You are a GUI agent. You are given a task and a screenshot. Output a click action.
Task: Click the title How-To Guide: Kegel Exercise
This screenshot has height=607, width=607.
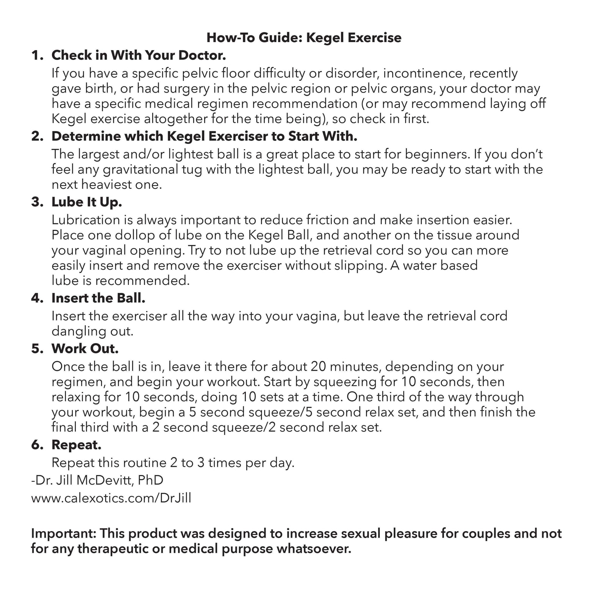point(304,38)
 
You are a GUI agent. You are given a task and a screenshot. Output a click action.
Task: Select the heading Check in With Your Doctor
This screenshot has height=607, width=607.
point(139,55)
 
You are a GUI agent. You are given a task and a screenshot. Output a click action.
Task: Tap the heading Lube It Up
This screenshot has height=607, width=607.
point(86,202)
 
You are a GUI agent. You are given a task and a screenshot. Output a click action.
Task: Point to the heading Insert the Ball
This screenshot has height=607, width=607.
point(98,298)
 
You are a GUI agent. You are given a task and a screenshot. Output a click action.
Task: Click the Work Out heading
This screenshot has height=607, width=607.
point(85,349)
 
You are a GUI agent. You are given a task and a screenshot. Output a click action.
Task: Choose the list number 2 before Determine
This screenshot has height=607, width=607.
point(37,137)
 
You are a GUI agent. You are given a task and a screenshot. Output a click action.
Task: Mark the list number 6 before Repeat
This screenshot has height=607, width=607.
point(37,445)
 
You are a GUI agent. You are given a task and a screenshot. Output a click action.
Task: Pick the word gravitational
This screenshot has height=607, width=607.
point(140,169)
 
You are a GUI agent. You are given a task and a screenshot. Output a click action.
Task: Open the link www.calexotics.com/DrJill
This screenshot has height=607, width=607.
point(111,498)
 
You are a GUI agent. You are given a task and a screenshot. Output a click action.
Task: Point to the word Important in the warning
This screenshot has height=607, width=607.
point(63,533)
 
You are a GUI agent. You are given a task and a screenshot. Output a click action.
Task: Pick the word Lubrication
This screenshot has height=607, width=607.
point(86,220)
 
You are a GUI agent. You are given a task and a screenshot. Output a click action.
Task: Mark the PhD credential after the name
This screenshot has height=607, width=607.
point(151,480)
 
